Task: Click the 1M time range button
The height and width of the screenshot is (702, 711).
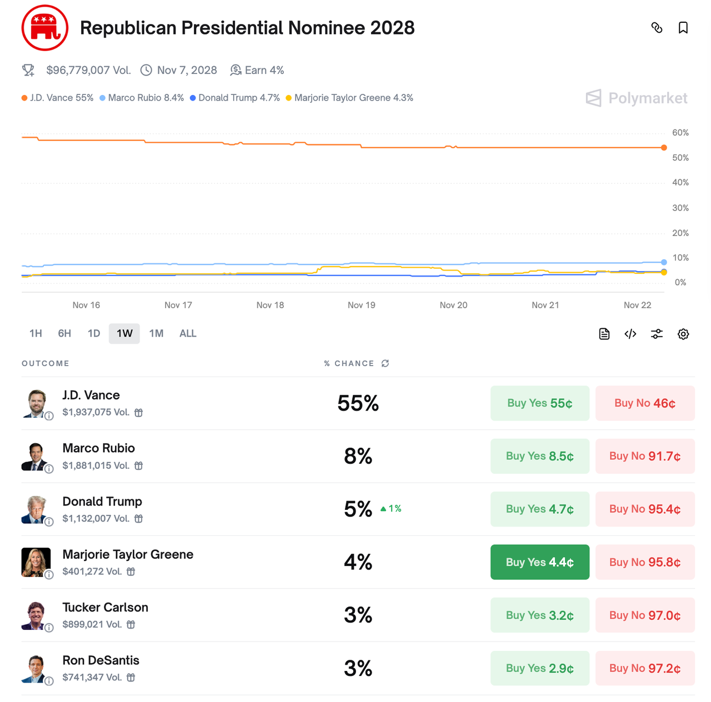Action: pos(156,333)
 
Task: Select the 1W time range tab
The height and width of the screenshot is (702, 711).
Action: pos(124,333)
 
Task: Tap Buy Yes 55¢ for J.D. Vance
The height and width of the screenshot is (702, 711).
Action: pos(539,403)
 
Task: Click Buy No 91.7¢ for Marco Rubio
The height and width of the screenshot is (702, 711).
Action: pos(644,456)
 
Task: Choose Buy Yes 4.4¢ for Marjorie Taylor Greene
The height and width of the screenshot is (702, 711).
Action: pos(539,562)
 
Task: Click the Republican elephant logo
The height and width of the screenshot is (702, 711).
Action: pos(45,28)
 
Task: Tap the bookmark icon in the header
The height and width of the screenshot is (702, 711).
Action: pos(683,28)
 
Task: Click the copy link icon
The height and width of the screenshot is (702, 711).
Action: pos(657,28)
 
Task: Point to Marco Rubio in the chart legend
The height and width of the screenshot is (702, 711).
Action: pos(142,98)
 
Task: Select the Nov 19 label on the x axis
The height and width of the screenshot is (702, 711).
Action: pos(362,305)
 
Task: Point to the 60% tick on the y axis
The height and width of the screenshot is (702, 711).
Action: pos(680,133)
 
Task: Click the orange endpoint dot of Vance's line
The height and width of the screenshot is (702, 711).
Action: pos(664,148)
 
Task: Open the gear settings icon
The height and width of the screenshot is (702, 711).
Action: pos(683,334)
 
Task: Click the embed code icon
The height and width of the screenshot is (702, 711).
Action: pos(630,334)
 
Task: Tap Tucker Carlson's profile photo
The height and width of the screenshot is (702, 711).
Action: pos(36,615)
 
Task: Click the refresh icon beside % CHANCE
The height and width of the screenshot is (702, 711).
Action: pos(385,363)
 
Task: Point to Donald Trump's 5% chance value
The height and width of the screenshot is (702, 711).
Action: pos(358,509)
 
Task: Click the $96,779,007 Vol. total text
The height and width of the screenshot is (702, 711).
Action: pos(88,71)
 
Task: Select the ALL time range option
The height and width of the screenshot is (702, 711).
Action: pos(188,333)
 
